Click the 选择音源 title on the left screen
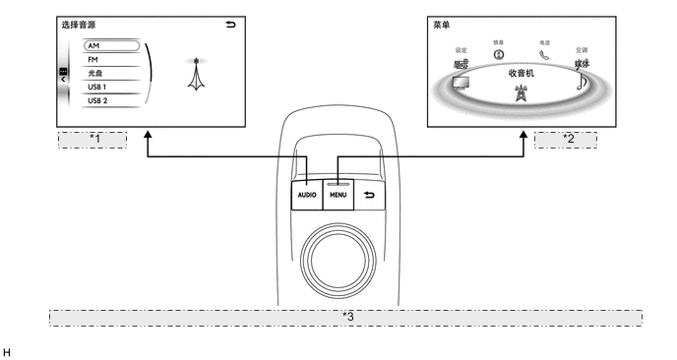[x=79, y=23]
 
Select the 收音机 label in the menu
[x=522, y=73]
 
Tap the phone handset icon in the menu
[x=543, y=55]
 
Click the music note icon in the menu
[x=582, y=83]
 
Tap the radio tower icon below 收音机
[x=521, y=94]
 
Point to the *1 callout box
[x=93, y=139]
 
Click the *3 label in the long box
[x=346, y=318]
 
